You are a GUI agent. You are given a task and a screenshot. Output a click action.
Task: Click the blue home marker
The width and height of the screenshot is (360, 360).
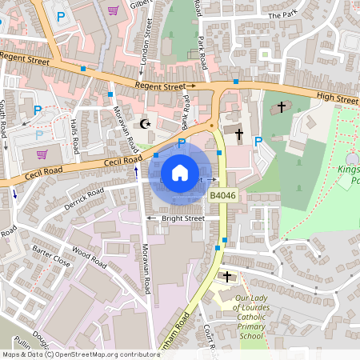(x=180, y=173)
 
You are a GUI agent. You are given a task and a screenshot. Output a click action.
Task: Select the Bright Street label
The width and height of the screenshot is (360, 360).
(x=183, y=218)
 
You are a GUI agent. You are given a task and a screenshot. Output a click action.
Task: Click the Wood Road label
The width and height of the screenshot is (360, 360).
(x=88, y=258)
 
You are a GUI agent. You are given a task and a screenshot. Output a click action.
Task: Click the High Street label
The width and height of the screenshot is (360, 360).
(x=337, y=98)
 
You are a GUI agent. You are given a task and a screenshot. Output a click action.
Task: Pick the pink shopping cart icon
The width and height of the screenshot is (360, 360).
(x=113, y=11)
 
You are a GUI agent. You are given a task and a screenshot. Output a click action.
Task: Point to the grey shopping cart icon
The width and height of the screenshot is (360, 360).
(x=41, y=154)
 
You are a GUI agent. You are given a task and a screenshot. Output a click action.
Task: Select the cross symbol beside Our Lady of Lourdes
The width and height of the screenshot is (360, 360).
(x=227, y=277)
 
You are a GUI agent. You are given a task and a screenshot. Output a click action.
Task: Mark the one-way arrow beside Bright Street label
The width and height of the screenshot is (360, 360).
(x=150, y=218)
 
